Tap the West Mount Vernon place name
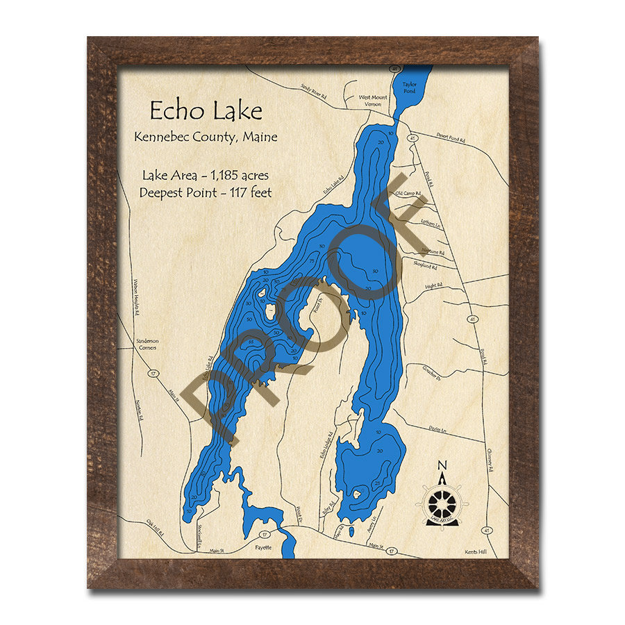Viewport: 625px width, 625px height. [x=373, y=101]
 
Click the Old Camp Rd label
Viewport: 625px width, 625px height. [x=408, y=193]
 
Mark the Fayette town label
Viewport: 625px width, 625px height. [x=264, y=547]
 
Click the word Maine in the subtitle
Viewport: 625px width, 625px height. [x=258, y=137]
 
